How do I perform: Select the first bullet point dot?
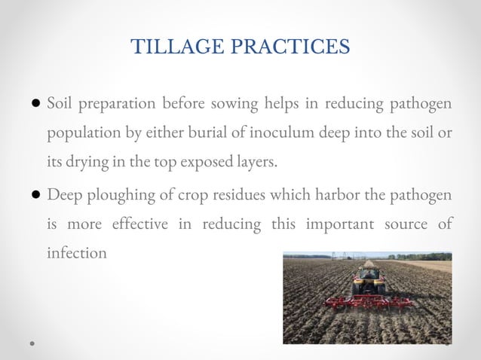point(36,103)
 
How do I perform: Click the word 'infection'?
point(77,253)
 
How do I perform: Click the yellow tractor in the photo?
point(368,281)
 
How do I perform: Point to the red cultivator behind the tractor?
point(368,301)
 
